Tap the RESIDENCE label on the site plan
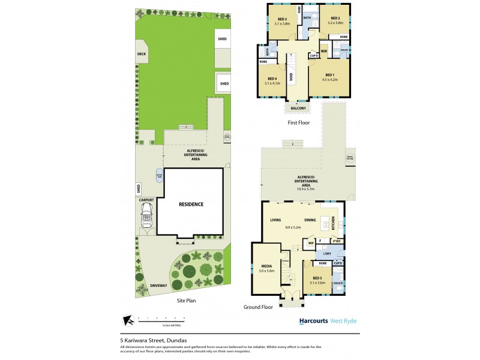pos(191,204)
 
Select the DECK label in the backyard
pos(142,54)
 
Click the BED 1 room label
pos(329,75)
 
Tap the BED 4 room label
pos(272,79)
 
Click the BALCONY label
pos(299,108)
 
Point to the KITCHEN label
pos(334,223)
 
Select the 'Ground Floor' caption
pos(259,307)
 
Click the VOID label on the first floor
pos(290,76)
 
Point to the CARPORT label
pos(146,199)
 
